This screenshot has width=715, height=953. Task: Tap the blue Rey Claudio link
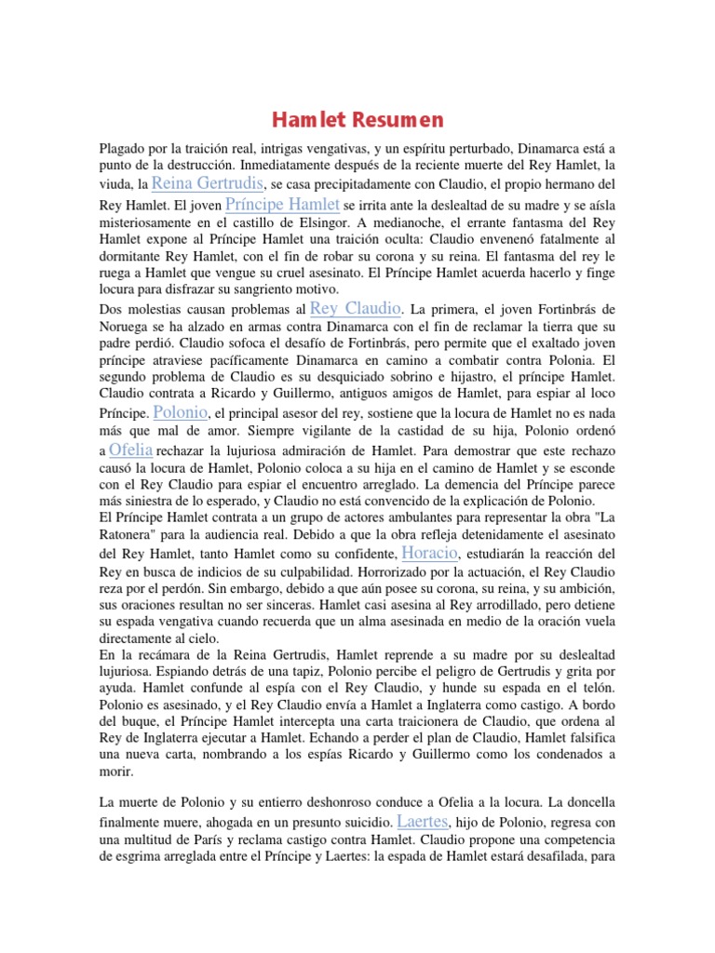tap(355, 307)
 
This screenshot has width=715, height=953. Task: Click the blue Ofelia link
tap(130, 450)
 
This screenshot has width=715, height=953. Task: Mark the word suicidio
tap(363, 824)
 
